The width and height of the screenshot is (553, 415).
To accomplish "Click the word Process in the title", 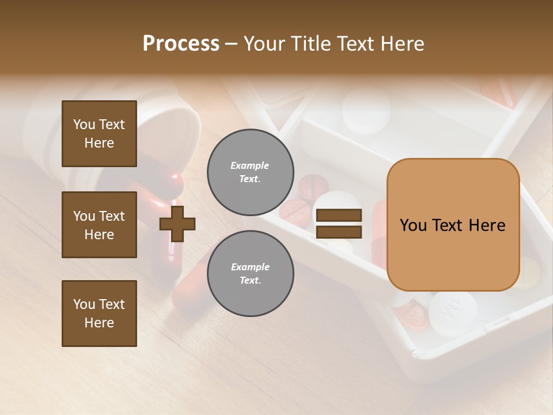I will pyautogui.click(x=181, y=44).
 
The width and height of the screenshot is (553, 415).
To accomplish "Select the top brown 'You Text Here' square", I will pyautogui.click(x=99, y=134).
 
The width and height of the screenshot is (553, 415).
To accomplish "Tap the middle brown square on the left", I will pyautogui.click(x=99, y=225).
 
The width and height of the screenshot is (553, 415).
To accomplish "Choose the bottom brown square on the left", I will pyautogui.click(x=99, y=314).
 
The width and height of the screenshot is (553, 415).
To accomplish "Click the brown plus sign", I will pyautogui.click(x=177, y=222).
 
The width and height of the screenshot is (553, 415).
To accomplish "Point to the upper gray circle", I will pyautogui.click(x=250, y=172).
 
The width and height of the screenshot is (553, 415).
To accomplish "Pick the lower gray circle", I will pyautogui.click(x=250, y=273).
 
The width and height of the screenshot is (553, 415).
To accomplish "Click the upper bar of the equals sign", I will pyautogui.click(x=339, y=216).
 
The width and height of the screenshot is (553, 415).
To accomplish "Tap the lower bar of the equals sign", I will pyautogui.click(x=339, y=232).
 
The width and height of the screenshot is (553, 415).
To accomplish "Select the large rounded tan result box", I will pyautogui.click(x=453, y=225).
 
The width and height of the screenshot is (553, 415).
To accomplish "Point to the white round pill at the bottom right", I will pyautogui.click(x=453, y=311).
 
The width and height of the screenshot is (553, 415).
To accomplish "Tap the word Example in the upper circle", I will pyautogui.click(x=250, y=165).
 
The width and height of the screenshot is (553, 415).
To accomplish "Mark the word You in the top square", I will pyautogui.click(x=84, y=124).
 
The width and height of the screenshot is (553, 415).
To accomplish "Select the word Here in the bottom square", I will pyautogui.click(x=99, y=323).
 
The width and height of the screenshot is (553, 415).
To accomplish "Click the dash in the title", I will pyautogui.click(x=231, y=44).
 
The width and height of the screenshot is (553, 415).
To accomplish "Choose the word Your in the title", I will pyautogui.click(x=264, y=44).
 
